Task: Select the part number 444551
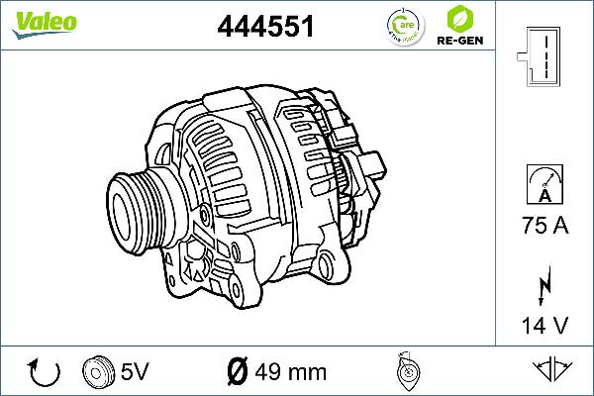click(265, 27)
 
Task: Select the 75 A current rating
click(544, 226)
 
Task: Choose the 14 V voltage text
click(544, 324)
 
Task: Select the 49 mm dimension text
click(291, 372)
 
